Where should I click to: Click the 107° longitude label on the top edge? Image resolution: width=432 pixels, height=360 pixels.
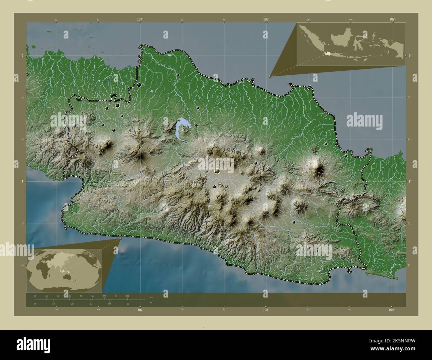click(x=140, y=20)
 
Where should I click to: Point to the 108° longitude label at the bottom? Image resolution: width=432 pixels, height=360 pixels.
click(x=266, y=310)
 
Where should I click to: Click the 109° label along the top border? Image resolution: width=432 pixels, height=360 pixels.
click(x=392, y=20)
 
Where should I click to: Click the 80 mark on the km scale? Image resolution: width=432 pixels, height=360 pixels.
click(x=127, y=296)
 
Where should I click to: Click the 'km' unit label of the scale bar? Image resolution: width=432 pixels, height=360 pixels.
click(x=151, y=297)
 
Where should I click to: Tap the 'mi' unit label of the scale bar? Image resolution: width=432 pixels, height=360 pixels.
click(x=151, y=303)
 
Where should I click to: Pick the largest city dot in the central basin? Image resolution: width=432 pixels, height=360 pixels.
click(x=217, y=171)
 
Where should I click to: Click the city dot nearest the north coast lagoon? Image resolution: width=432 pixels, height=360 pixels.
click(x=178, y=75)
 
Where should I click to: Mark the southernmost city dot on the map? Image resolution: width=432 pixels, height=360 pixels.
click(x=294, y=222)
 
